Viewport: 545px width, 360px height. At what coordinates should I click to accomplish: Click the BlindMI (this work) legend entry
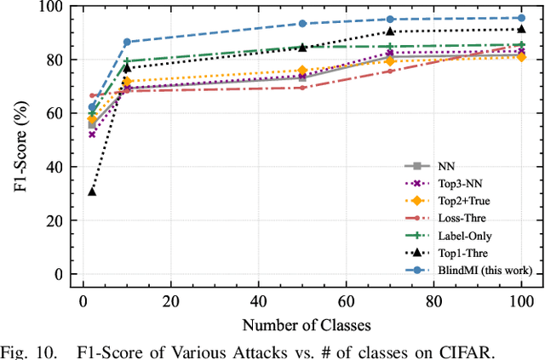click(485, 270)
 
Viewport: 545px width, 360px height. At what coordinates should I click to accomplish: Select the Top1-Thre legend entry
click(464, 253)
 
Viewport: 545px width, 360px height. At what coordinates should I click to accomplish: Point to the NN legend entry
click(446, 167)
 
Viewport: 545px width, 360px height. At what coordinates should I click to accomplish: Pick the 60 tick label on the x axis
click(346, 301)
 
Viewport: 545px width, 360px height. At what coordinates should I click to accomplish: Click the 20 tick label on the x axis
click(170, 301)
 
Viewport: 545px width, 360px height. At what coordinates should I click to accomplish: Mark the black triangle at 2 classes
click(92, 191)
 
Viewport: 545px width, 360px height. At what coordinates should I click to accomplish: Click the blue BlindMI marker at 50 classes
click(302, 24)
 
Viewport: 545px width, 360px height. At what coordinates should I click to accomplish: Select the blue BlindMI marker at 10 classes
click(127, 42)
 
